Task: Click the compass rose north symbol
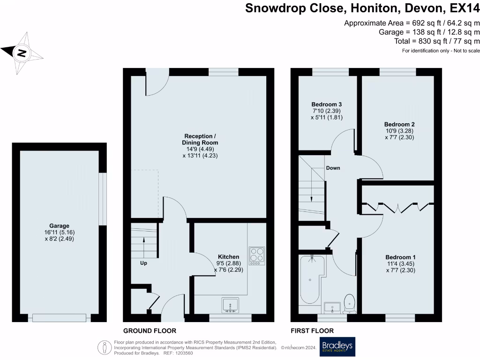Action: coord(20,52)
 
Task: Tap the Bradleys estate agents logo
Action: coord(337,347)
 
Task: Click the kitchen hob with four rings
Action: coord(256,256)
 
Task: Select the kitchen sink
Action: coord(230,305)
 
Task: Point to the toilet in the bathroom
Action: coord(349,304)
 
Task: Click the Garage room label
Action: coord(60,225)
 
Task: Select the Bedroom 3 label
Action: coord(327,104)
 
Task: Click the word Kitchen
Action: coord(228,257)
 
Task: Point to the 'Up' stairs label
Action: coord(143,263)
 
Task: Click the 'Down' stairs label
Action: coord(333,168)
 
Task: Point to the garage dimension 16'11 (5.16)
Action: coord(60,232)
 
